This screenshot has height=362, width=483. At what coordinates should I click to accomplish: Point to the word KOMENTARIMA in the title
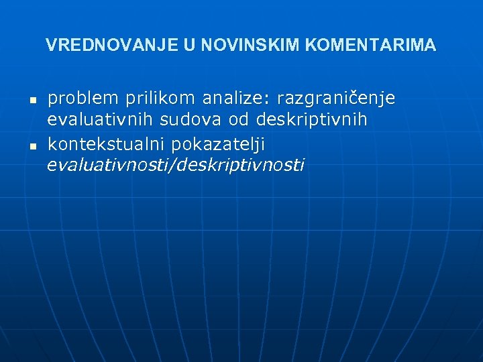coord(370,46)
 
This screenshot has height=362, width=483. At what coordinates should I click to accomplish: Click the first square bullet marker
coord(32,100)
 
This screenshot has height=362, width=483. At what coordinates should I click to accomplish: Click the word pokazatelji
coord(219,144)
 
